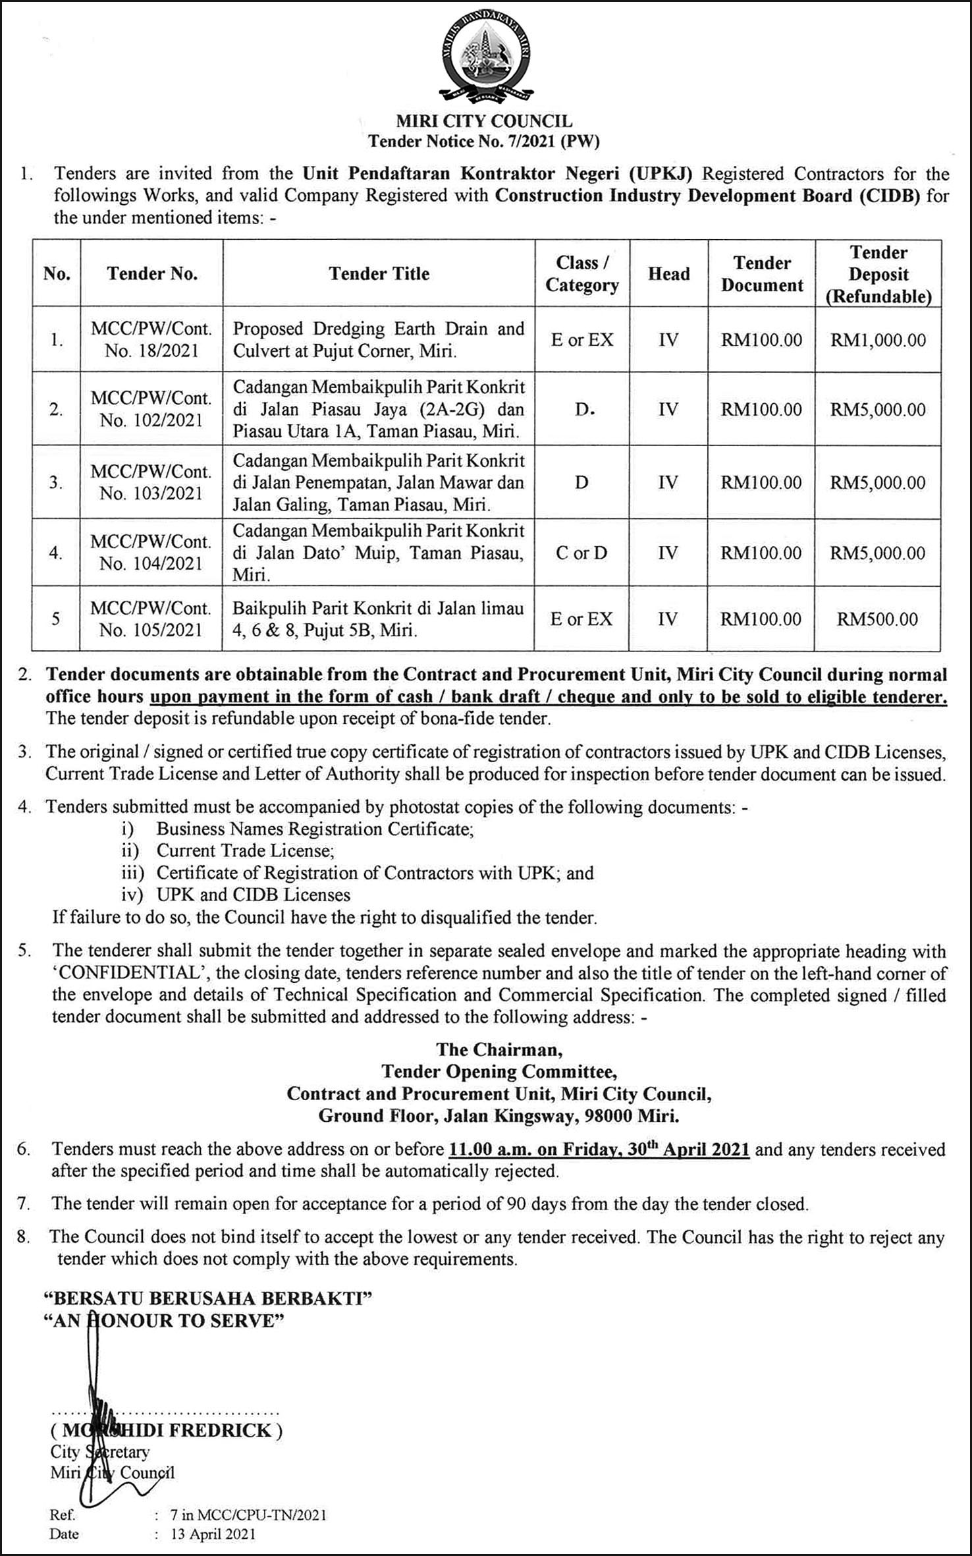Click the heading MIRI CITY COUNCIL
pyautogui.click(x=484, y=121)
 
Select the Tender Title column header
pyautogui.click(x=379, y=273)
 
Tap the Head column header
pyautogui.click(x=668, y=273)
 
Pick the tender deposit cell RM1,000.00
pyautogui.click(x=878, y=340)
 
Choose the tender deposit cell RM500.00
pyautogui.click(x=877, y=619)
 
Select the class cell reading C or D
pyautogui.click(x=581, y=553)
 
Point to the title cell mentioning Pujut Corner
pyautogui.click(x=379, y=339)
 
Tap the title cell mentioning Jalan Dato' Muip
pyautogui.click(x=379, y=553)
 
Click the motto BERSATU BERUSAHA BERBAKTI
pyautogui.click(x=207, y=1298)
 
